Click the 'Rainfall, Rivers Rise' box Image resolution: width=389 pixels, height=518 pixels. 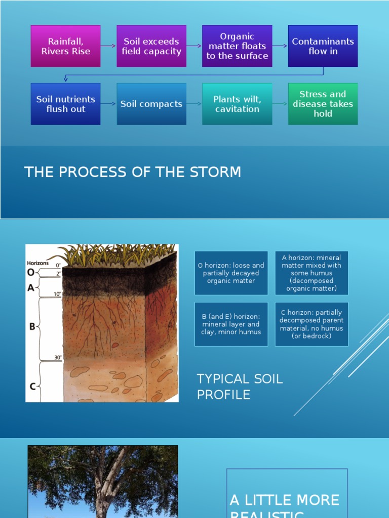(65, 46)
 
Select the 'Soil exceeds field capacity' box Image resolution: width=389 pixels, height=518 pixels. (151, 46)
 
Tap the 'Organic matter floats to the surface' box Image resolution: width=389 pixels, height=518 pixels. (237, 46)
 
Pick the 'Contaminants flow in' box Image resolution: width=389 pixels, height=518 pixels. (323, 46)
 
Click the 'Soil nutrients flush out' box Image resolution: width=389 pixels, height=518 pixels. (65, 104)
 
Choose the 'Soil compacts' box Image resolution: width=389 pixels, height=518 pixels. (151, 104)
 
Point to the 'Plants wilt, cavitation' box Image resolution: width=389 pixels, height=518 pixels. (237, 104)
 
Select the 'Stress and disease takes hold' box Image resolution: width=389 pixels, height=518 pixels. (323, 104)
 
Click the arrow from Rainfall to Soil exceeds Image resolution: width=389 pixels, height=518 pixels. (108, 46)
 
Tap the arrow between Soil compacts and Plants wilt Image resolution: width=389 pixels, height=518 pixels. (194, 104)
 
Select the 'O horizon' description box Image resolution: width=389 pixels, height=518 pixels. (231, 273)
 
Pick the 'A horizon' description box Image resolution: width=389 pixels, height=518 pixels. (312, 273)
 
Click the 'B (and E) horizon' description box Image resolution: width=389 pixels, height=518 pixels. (231, 324)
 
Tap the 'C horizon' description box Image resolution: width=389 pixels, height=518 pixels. (312, 324)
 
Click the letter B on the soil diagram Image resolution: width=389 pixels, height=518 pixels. (32, 327)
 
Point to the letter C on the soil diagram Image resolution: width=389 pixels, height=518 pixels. (32, 386)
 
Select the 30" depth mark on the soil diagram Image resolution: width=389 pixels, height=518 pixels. (58, 358)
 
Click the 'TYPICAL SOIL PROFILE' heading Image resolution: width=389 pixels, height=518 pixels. (240, 386)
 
